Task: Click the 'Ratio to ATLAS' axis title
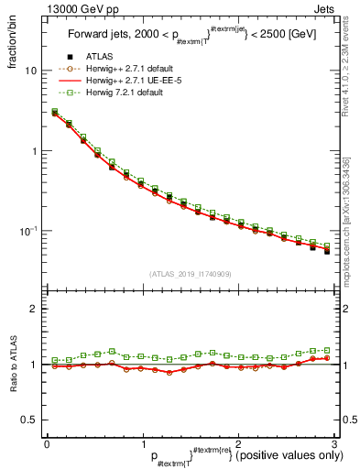[11, 365]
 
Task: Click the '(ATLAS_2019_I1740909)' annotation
[190, 274]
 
